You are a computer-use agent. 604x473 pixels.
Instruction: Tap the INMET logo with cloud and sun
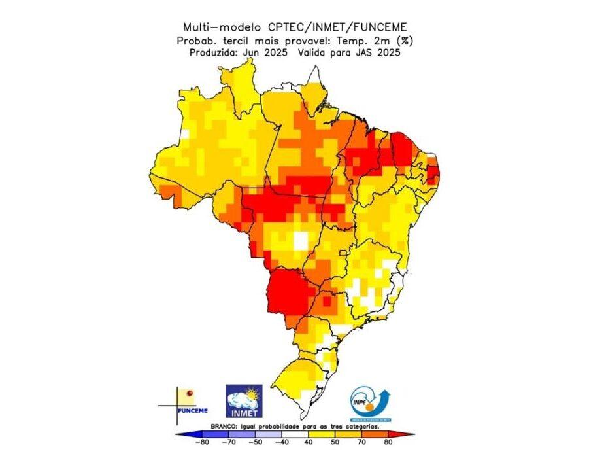(x=243, y=401)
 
